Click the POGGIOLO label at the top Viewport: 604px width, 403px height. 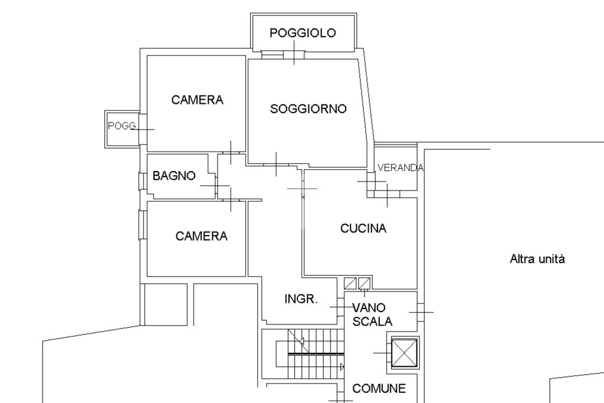303,33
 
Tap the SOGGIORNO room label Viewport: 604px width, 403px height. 308,109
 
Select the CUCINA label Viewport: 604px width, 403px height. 363,229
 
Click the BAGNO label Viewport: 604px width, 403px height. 174,176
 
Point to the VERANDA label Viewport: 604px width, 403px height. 401,168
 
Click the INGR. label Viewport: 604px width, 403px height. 301,299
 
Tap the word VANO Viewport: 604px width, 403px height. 369,307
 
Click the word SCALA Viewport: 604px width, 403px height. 373,322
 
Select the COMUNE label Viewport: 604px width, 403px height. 379,389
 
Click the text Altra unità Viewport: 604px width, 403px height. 537,258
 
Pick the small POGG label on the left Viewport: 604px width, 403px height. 122,126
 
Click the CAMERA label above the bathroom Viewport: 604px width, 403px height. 198,100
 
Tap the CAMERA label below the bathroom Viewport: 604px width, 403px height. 202,237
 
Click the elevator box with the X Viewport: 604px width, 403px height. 404,353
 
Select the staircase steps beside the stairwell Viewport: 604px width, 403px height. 315,354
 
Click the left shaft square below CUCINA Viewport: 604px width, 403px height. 350,283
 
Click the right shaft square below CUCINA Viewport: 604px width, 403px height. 364,283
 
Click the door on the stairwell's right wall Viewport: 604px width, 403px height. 420,311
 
